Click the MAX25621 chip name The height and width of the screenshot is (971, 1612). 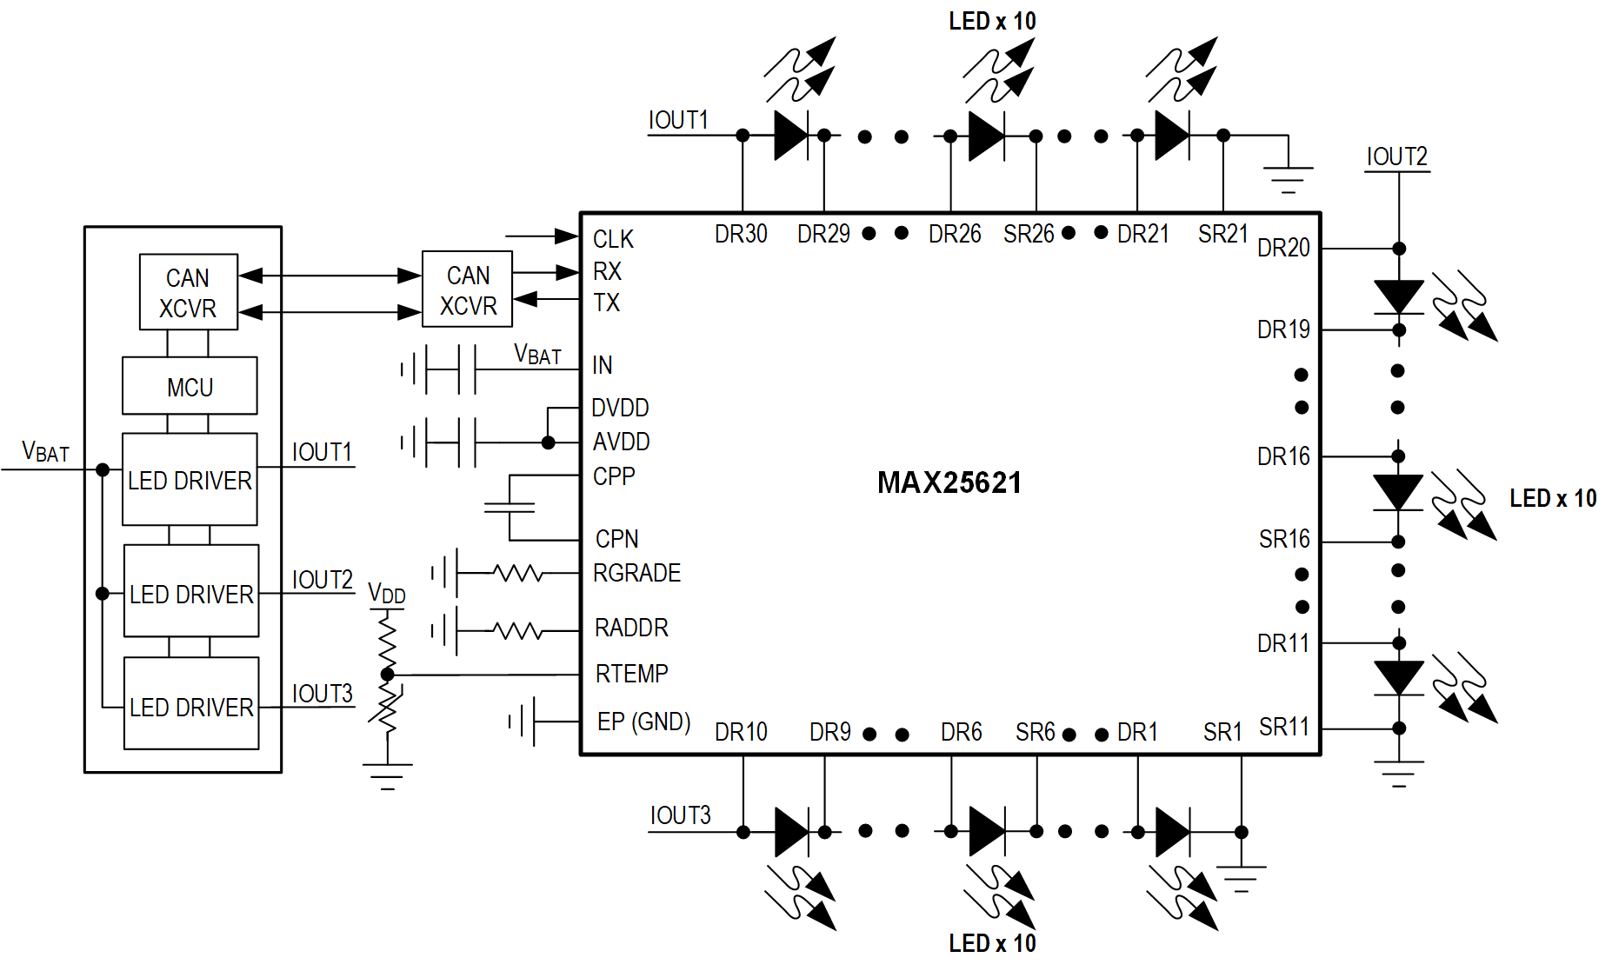pyautogui.click(x=949, y=482)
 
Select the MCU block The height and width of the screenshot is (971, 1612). pyautogui.click(x=190, y=386)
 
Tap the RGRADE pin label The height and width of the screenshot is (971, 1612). pyautogui.click(x=636, y=573)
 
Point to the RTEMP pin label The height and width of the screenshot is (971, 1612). pyautogui.click(x=631, y=674)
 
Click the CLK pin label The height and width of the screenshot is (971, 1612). pyautogui.click(x=613, y=239)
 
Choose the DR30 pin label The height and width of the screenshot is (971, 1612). pyautogui.click(x=741, y=234)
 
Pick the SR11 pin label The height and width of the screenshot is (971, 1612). pyautogui.click(x=1283, y=726)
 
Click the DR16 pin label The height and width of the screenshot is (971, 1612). pyautogui.click(x=1283, y=456)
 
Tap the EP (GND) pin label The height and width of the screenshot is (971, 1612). pyautogui.click(x=643, y=722)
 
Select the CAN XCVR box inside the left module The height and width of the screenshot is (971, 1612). pyautogui.click(x=188, y=292)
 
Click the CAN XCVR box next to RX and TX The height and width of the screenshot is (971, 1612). pyautogui.click(x=468, y=289)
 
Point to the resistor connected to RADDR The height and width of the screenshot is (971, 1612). pyautogui.click(x=518, y=629)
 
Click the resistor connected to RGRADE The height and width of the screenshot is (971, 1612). pyautogui.click(x=518, y=573)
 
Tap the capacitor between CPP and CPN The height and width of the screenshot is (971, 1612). pyautogui.click(x=510, y=507)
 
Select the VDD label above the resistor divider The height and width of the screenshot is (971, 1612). pyautogui.click(x=386, y=594)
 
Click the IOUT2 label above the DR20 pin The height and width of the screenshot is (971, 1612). pyautogui.click(x=1396, y=156)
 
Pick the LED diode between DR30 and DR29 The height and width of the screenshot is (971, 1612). pyautogui.click(x=791, y=136)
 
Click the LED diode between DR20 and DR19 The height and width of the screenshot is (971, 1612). pyautogui.click(x=1398, y=296)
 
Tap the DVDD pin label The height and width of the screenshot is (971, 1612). pyautogui.click(x=620, y=408)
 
